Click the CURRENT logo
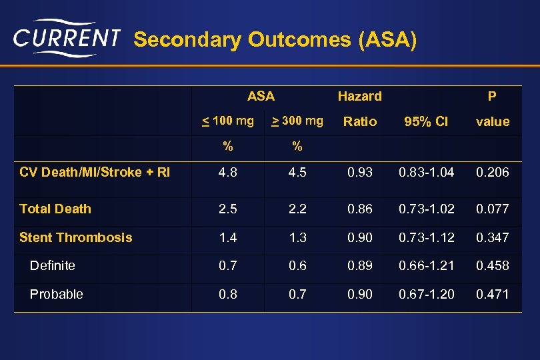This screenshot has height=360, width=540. [67, 39]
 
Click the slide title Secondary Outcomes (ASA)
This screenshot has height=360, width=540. [275, 40]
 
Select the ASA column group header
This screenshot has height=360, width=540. [261, 96]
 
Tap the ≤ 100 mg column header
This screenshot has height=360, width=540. [228, 121]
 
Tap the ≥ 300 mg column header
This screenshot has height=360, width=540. [297, 121]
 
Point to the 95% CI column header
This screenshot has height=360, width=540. [427, 121]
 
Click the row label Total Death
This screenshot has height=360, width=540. [55, 209]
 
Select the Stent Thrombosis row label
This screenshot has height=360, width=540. [76, 237]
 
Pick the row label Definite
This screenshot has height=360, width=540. [53, 265]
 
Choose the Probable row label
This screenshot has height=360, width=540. [57, 294]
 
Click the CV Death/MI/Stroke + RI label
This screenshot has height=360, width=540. [95, 172]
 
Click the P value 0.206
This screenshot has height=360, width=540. [492, 172]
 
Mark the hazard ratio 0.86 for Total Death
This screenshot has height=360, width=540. [360, 209]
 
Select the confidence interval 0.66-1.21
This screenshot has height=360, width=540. [427, 265]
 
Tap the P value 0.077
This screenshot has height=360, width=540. [492, 209]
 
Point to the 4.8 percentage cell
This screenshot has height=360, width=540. [228, 172]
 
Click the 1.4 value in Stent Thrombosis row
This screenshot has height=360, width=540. [228, 237]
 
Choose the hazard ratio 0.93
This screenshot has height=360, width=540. [360, 172]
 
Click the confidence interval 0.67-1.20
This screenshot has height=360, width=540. [427, 294]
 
